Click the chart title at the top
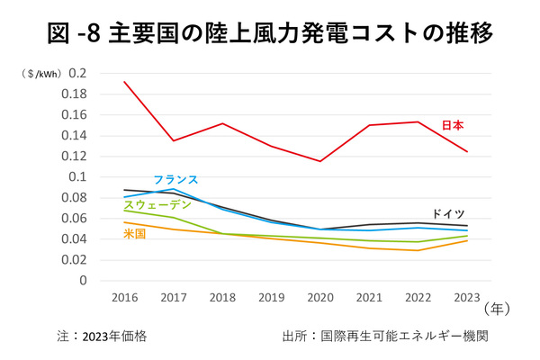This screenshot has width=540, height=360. click(x=270, y=34)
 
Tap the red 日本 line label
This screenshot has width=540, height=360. click(x=453, y=125)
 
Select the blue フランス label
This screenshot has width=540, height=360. click(x=175, y=180)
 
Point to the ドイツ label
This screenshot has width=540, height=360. click(x=449, y=214)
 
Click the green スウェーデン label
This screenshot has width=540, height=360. click(x=157, y=206)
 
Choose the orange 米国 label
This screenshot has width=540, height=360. click(x=134, y=234)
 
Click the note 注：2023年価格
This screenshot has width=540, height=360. click(x=100, y=336)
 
